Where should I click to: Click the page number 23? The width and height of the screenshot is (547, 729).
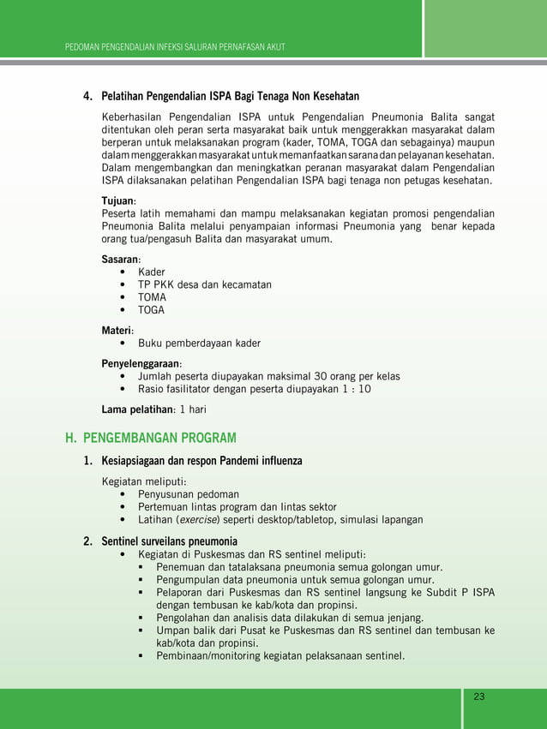point(478,696)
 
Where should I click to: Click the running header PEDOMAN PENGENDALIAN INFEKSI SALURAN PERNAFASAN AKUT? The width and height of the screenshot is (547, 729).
point(175,45)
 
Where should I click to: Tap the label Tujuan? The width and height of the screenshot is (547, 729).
point(118,200)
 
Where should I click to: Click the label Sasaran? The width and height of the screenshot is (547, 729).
point(121,258)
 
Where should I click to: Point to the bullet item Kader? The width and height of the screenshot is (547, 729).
point(152,272)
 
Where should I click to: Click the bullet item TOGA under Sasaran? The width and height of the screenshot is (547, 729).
point(152,310)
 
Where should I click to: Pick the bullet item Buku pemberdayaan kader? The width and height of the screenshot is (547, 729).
point(200,344)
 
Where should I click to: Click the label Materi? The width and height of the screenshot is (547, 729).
point(117,330)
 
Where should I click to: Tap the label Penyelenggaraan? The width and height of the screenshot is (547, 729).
point(141,363)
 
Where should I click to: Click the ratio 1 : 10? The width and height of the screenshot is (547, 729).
point(353,389)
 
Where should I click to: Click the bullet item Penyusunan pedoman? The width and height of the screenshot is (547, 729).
point(189,494)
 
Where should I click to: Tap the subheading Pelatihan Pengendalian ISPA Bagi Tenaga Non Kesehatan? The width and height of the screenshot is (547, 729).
point(230,95)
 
